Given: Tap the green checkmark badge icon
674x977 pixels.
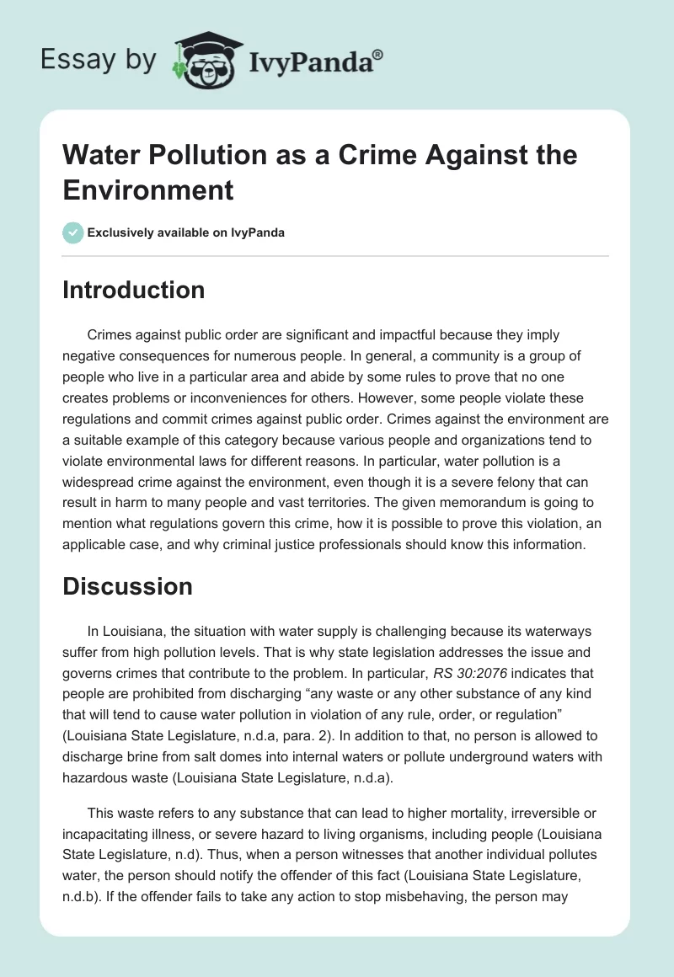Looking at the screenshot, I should pyautogui.click(x=73, y=232).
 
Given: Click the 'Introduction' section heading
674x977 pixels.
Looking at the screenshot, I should pyautogui.click(x=133, y=290).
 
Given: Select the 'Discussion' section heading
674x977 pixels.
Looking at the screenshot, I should pyautogui.click(x=127, y=585).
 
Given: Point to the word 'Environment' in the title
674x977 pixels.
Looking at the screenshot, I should pyautogui.click(x=148, y=190).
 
